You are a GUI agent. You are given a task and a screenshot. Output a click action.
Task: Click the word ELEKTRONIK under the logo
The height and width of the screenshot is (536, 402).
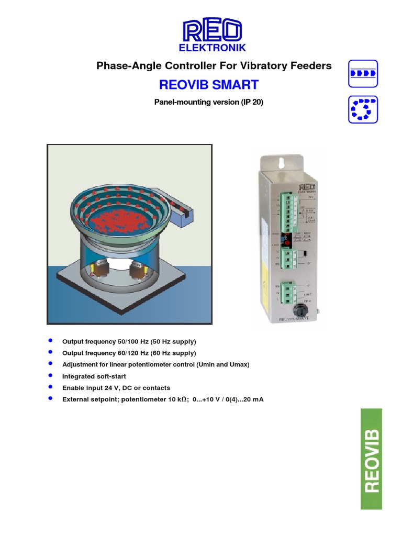coord(213,48)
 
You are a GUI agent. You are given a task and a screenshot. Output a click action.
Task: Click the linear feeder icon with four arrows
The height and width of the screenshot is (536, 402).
coord(363,73)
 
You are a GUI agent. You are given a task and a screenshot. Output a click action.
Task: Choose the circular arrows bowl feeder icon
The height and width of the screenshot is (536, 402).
coord(363,109)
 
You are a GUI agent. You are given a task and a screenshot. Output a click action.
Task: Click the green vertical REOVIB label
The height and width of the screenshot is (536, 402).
coord(371,459)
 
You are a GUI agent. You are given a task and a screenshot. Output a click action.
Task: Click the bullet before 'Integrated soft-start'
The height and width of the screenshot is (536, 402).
coord(50,376)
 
